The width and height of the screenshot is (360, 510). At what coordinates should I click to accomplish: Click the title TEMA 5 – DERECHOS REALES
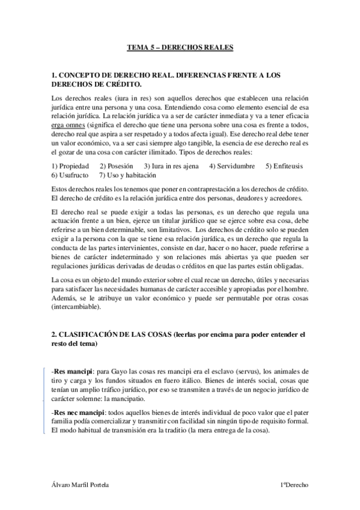(180, 46)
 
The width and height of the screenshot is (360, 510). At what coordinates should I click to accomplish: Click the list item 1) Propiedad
(70, 166)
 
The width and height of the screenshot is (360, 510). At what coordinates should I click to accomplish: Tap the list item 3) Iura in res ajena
(172, 166)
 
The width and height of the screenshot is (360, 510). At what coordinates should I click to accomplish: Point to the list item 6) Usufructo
(70, 175)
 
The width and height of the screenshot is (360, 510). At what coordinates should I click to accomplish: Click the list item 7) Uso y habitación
(128, 175)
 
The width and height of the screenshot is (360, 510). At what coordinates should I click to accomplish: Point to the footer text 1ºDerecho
(294, 485)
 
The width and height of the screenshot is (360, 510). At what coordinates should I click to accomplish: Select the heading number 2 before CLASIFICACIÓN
(54, 333)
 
